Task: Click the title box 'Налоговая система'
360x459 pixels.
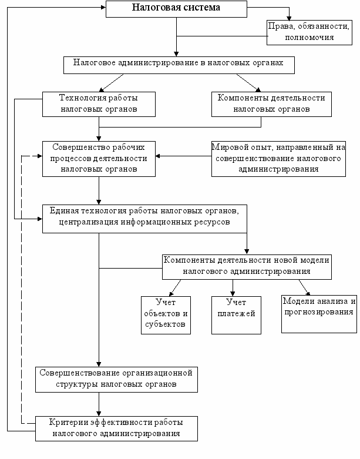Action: (176, 9)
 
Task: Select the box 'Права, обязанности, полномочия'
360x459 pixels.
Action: (309, 32)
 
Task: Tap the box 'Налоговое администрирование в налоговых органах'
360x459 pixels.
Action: (179, 65)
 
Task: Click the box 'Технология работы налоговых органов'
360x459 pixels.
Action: (99, 104)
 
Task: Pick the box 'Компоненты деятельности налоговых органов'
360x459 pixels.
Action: (272, 104)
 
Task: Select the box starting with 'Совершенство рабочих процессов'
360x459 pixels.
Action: (99, 159)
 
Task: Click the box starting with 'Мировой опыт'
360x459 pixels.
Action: (279, 159)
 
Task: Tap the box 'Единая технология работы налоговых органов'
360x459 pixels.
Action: (144, 219)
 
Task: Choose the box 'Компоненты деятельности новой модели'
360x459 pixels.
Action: (247, 267)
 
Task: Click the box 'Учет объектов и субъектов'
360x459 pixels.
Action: (166, 315)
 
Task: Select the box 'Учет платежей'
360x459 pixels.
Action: (236, 315)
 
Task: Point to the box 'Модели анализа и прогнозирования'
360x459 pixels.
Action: (319, 314)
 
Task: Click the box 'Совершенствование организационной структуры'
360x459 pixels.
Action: (117, 380)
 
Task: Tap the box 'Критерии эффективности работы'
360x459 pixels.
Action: (117, 428)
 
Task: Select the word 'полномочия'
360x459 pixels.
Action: (309, 38)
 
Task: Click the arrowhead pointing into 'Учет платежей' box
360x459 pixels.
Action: (233, 294)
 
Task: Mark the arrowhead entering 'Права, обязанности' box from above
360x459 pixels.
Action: (289, 18)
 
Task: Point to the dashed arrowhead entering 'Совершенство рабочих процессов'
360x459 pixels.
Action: (40, 156)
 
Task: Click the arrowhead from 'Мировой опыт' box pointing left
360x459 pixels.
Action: (158, 156)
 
